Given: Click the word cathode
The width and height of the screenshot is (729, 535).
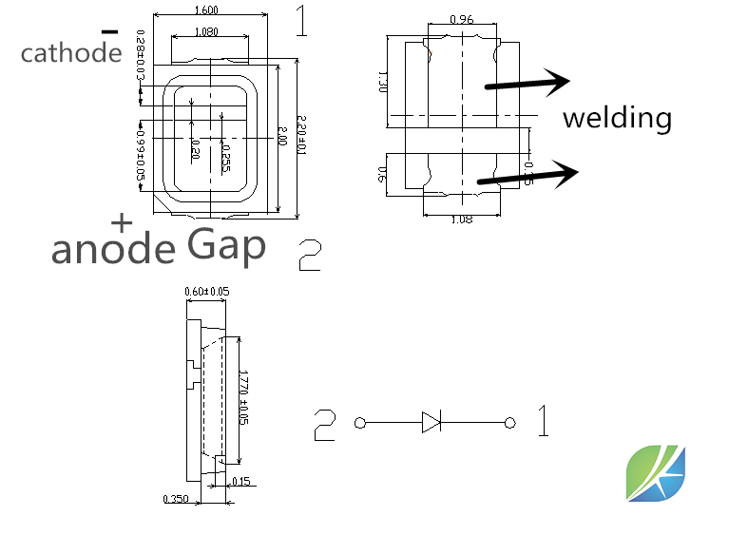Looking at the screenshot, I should pyautogui.click(x=71, y=53).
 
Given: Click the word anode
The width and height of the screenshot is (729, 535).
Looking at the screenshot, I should pyautogui.click(x=113, y=250).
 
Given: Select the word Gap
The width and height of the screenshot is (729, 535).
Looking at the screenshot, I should pyautogui.click(x=226, y=246).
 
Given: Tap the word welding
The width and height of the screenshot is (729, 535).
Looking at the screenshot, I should pyautogui.click(x=617, y=118).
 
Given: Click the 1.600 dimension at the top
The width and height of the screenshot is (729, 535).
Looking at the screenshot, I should pyautogui.click(x=206, y=11).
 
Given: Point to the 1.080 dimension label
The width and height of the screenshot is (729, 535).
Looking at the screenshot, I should pyautogui.click(x=206, y=32).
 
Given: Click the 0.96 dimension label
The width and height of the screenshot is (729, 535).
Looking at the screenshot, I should pyautogui.click(x=461, y=19).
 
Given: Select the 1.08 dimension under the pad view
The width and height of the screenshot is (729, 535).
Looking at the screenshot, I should pyautogui.click(x=461, y=219).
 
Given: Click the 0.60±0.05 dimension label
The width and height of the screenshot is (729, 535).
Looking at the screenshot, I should pyautogui.click(x=206, y=291).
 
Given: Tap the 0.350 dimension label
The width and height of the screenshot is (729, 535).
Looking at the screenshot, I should pyautogui.click(x=176, y=499).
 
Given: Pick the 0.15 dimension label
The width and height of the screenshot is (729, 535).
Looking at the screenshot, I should pyautogui.click(x=240, y=482).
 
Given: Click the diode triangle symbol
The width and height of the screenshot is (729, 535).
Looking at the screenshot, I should pyautogui.click(x=432, y=421).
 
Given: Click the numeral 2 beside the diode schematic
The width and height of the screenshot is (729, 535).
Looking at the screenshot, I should pyautogui.click(x=325, y=424).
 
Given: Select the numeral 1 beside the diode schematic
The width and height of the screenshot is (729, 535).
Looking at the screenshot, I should pyautogui.click(x=543, y=421).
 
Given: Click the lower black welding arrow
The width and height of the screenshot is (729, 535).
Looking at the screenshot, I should pyautogui.click(x=528, y=175).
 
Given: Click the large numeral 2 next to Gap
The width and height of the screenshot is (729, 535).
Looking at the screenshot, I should pyautogui.click(x=310, y=255).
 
